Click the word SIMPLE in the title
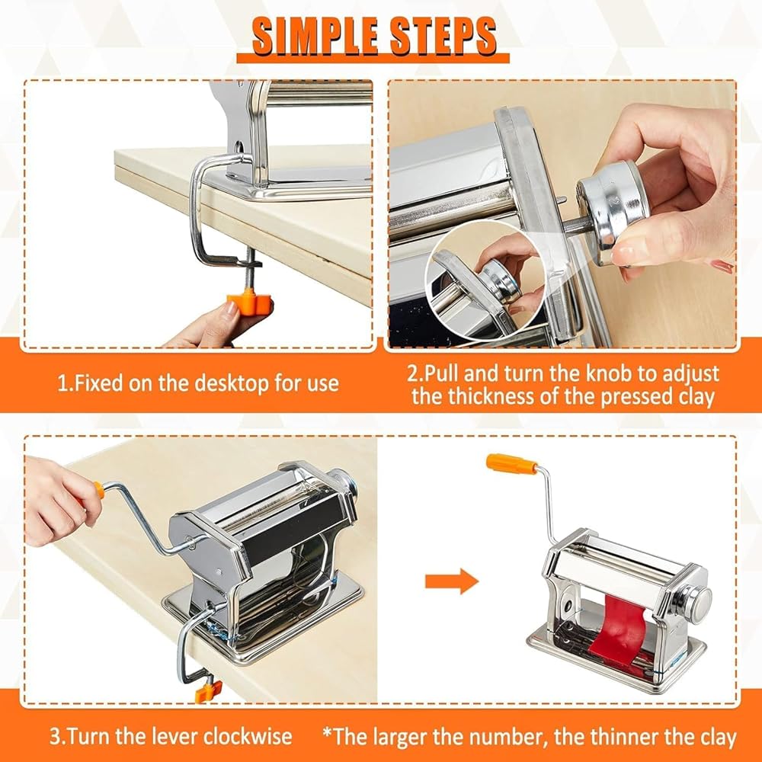[315, 36]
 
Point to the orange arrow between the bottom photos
[451, 581]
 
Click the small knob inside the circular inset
[505, 279]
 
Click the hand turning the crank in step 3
[59, 501]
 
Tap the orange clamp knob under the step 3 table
[208, 691]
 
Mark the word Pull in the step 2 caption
[443, 373]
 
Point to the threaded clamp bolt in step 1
[250, 270]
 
